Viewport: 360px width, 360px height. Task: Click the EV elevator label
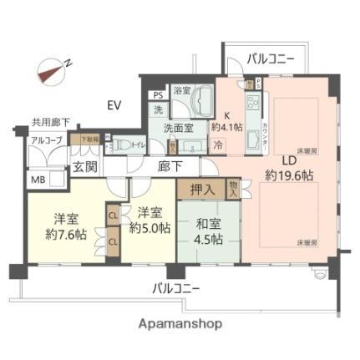[x=114, y=105]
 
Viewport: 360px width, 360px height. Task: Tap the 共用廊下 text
[x=49, y=122]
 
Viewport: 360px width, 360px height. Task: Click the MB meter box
[x=38, y=180]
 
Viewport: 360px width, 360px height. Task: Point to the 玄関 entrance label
[x=84, y=166]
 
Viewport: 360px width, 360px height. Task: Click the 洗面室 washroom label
[x=178, y=129]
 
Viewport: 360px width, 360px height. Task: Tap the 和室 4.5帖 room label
[x=209, y=231]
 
